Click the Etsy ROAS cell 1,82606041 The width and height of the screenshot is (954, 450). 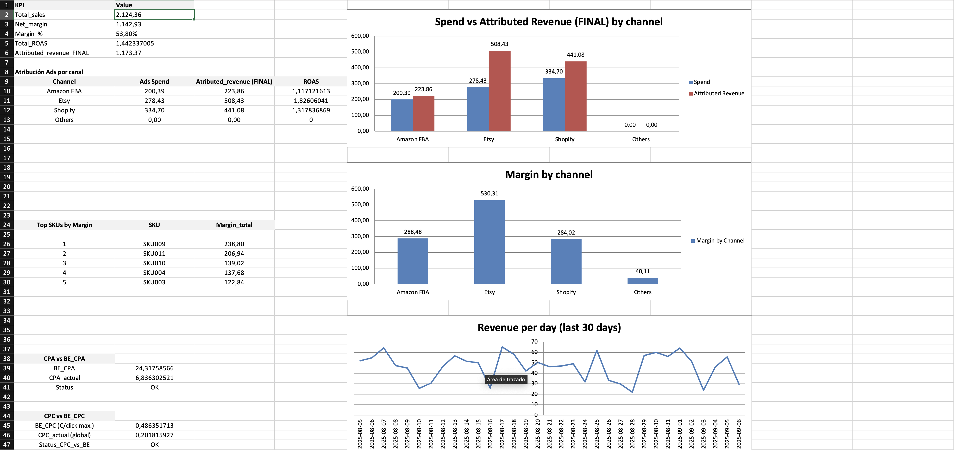coord(311,101)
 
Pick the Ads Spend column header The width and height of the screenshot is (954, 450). coord(154,81)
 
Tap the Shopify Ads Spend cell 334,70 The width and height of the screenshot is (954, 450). coord(154,110)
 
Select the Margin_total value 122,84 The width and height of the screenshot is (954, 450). coord(234,282)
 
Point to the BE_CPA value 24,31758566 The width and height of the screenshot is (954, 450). coord(154,368)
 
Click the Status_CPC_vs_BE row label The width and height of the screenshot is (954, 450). coord(64,445)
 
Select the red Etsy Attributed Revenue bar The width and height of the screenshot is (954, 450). coord(499,91)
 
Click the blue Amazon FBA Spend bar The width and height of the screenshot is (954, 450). coord(401,115)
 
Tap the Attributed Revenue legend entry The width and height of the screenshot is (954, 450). coord(719,93)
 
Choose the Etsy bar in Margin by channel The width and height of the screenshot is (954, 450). coord(489,242)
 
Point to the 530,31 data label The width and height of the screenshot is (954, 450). coord(489,193)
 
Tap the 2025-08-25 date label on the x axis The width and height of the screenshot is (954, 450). coord(597,434)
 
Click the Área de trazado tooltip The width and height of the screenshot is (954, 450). coord(505,379)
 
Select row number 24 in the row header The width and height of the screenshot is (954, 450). coord(7,225)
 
